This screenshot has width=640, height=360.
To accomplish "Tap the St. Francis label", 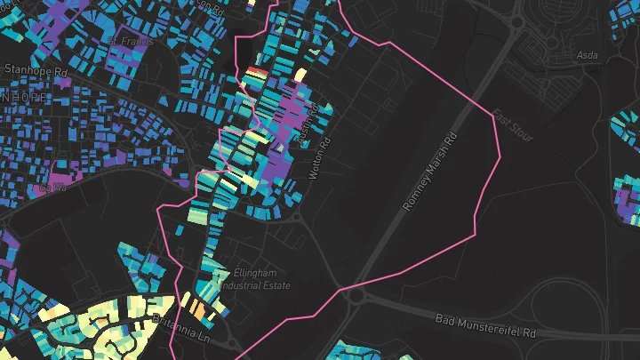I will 131,41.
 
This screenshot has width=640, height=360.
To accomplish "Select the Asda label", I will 588,55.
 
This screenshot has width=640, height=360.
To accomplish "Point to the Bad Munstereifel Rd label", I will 486,324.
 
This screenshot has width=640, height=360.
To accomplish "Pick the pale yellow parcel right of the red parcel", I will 300,75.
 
